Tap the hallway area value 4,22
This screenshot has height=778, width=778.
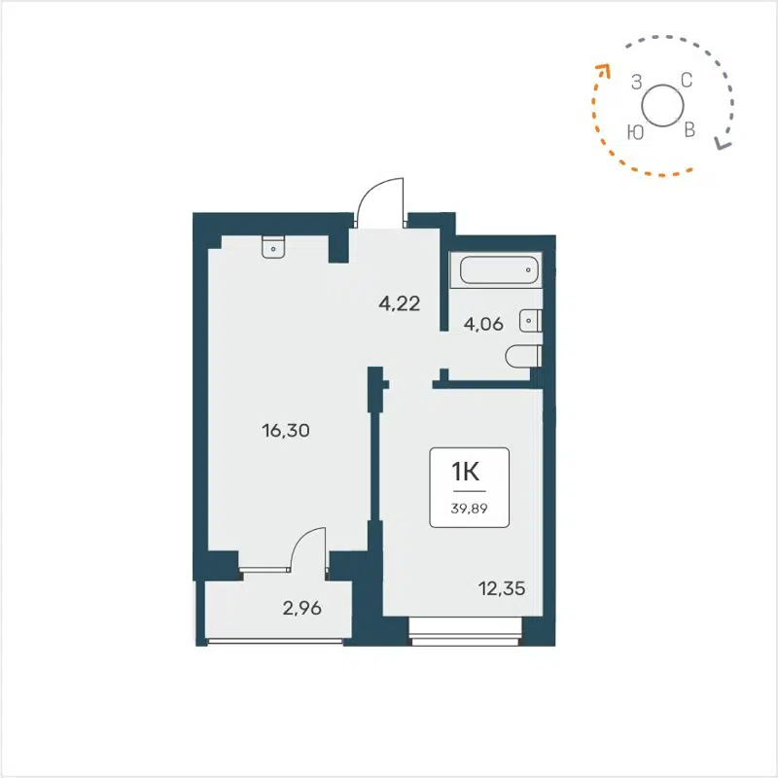(399, 302)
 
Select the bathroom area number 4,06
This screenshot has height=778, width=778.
(482, 325)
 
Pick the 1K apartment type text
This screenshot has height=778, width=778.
(469, 473)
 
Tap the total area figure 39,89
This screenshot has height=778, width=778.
(469, 507)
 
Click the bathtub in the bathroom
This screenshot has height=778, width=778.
(498, 269)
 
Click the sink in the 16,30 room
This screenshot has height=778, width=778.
(273, 247)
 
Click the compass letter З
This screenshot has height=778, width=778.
(637, 83)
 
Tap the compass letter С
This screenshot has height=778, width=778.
(686, 81)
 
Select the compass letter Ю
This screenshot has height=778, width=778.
(635, 132)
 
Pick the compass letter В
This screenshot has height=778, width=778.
(690, 130)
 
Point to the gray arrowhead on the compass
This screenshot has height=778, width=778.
(721, 144)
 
